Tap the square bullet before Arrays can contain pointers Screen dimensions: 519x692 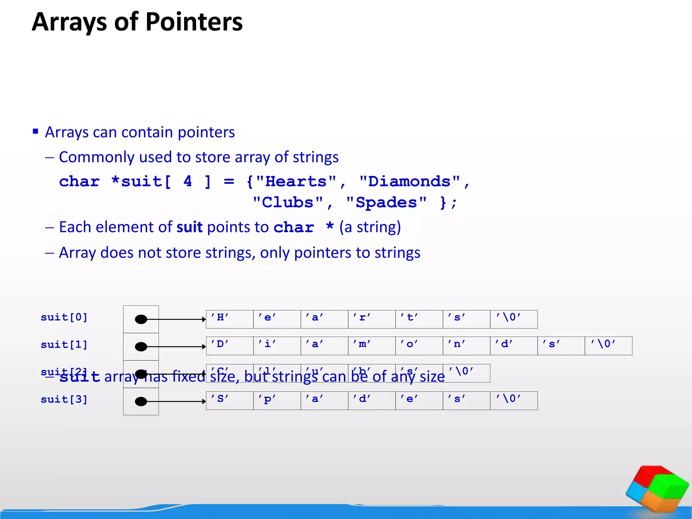point(35,131)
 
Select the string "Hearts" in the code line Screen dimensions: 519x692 point(296,182)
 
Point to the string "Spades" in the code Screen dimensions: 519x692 point(386,203)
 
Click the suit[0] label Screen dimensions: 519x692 point(64,317)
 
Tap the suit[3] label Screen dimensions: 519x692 point(64,399)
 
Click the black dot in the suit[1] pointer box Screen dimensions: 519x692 point(141,347)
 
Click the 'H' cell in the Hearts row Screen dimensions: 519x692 point(230,319)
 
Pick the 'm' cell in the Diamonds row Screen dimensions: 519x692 point(372,346)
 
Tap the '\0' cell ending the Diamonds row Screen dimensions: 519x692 point(608,346)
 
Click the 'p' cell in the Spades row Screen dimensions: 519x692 point(277,401)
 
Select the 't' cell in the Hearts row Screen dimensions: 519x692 point(419,319)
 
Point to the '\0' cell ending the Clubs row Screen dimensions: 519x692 point(466,373)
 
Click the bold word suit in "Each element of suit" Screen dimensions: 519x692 point(190,227)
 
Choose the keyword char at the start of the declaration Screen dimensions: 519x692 point(79,182)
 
